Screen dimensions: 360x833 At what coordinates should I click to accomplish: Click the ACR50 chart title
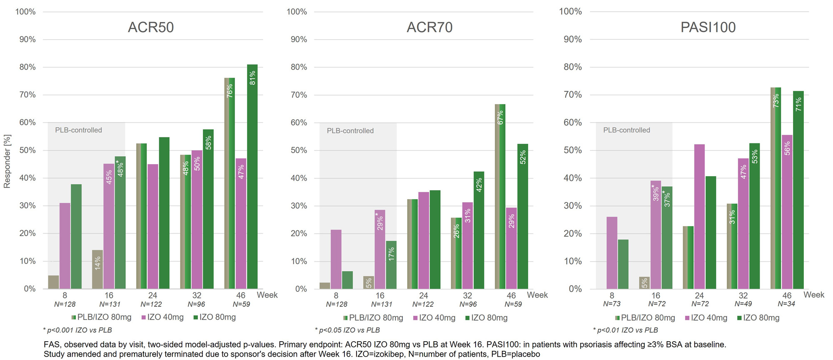pyautogui.click(x=151, y=27)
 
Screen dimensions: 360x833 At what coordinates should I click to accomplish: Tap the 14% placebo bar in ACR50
pyautogui.click(x=97, y=269)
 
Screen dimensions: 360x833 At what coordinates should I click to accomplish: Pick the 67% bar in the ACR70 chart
pyautogui.click(x=500, y=196)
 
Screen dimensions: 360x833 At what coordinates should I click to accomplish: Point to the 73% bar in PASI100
pyautogui.click(x=776, y=188)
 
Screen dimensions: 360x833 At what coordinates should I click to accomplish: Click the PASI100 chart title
pyautogui.click(x=708, y=27)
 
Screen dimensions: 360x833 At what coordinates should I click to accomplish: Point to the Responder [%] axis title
pyautogui.click(x=7, y=161)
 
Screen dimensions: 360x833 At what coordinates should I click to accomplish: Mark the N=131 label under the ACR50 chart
pyautogui.click(x=109, y=304)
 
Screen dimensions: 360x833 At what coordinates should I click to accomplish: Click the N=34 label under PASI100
pyautogui.click(x=786, y=304)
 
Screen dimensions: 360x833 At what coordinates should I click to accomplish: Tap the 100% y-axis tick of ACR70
pyautogui.click(x=297, y=12)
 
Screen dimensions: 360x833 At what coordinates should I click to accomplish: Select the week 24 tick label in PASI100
pyautogui.click(x=699, y=295)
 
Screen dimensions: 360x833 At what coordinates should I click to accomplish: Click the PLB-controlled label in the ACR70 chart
pyautogui.click(x=350, y=131)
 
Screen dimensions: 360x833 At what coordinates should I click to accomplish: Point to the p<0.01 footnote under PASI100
pyautogui.click(x=625, y=330)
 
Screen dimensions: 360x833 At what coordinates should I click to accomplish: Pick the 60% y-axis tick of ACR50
pyautogui.click(x=27, y=122)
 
